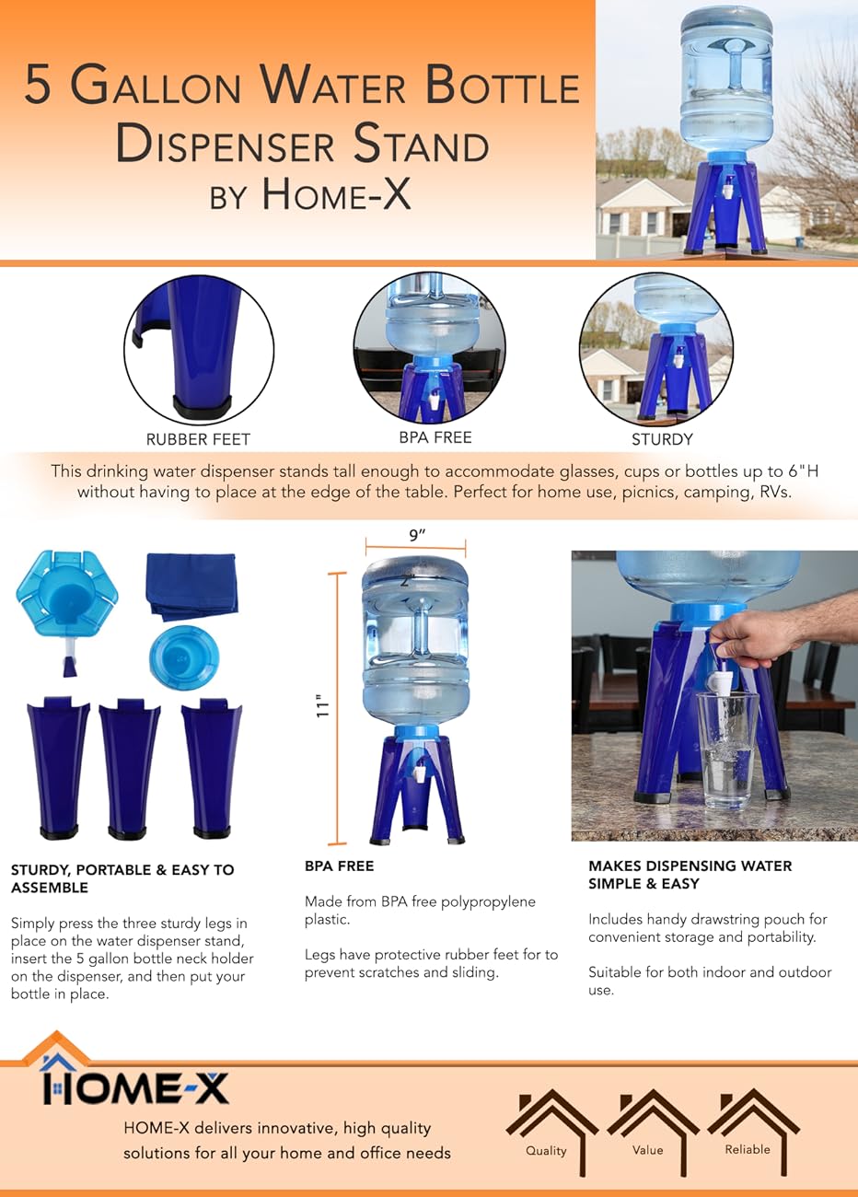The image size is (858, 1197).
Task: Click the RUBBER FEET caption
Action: (198, 439)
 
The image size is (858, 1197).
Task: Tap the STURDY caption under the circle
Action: (661, 439)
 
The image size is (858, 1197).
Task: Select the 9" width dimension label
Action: (417, 535)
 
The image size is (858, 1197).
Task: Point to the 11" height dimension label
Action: (322, 706)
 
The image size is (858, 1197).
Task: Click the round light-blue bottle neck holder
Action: (184, 657)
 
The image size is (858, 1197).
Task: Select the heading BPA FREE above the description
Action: (339, 866)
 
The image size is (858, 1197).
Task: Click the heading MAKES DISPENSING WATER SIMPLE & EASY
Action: (690, 875)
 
